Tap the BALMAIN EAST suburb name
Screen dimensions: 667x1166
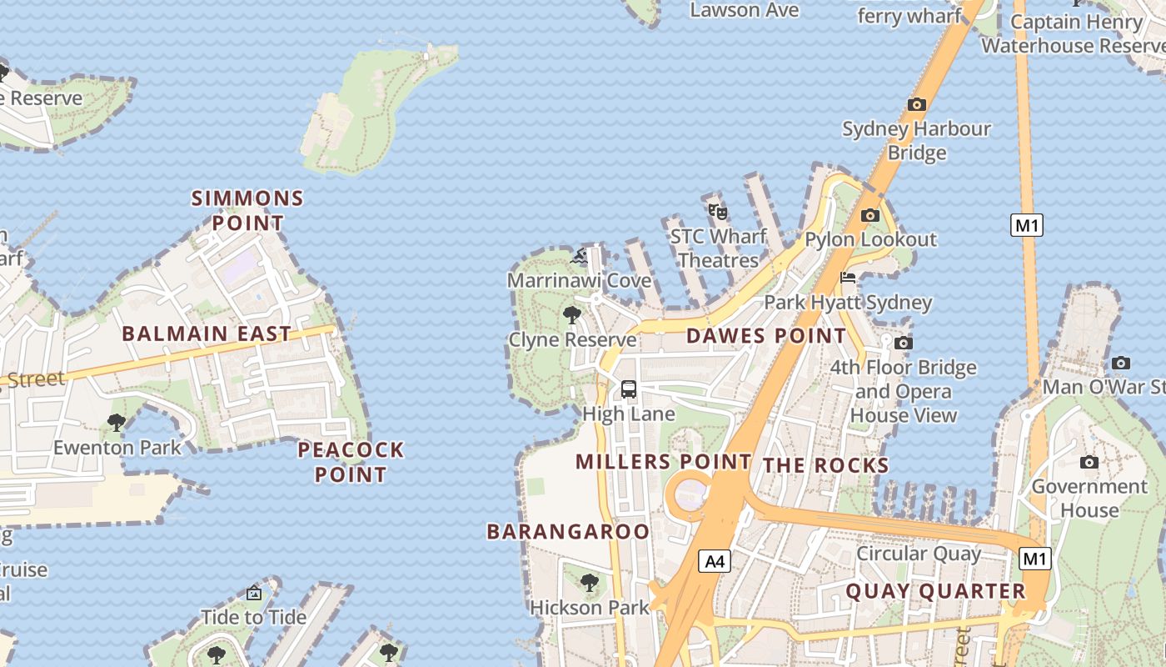[207, 333]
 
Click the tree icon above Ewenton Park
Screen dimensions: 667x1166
[117, 423]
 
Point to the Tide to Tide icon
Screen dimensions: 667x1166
[254, 593]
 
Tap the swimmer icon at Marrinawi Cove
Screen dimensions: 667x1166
[579, 256]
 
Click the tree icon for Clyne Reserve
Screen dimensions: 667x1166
[571, 315]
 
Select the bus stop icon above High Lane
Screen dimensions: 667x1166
[629, 389]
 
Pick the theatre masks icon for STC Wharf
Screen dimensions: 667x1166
[717, 211]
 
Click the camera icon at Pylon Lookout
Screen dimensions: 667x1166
[870, 215]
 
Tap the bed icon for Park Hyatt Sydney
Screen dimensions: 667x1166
[848, 278]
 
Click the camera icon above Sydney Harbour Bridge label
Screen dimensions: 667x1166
[917, 104]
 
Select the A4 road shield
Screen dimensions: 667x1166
[715, 561]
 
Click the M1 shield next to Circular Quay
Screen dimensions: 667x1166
[1034, 558]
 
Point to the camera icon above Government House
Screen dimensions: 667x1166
[1089, 462]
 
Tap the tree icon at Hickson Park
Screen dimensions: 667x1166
[590, 583]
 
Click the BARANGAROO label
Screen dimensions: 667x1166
[568, 531]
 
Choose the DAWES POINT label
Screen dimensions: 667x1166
[765, 336]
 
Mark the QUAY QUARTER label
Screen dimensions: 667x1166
[936, 591]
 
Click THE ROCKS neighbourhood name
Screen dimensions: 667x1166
[826, 465]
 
